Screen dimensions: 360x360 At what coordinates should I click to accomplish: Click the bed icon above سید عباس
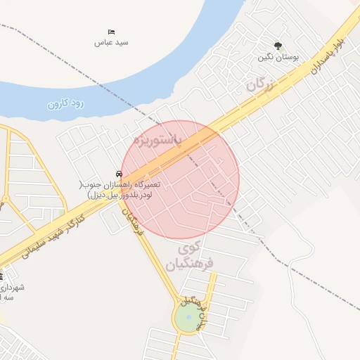coord(111,32)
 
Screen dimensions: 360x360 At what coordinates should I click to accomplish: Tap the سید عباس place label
coord(111,42)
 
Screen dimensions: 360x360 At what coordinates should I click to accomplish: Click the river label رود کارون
coord(65,103)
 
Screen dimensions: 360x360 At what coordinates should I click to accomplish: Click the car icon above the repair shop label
coord(120,174)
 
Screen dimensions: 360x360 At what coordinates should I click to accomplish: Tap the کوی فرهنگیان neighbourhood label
coord(190,256)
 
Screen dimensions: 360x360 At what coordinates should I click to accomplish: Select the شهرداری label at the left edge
coord(13,292)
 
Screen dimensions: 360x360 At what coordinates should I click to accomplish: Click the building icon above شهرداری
coord(1,276)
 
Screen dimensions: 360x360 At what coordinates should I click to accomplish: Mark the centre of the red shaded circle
coord(180,180)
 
